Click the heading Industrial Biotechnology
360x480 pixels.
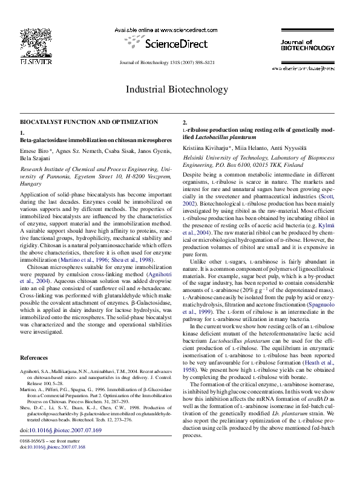click(x=179, y=90)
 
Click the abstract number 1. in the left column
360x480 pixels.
click(x=22, y=132)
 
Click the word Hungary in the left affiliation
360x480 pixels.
click(x=31, y=180)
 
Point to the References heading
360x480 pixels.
click(x=36, y=358)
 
